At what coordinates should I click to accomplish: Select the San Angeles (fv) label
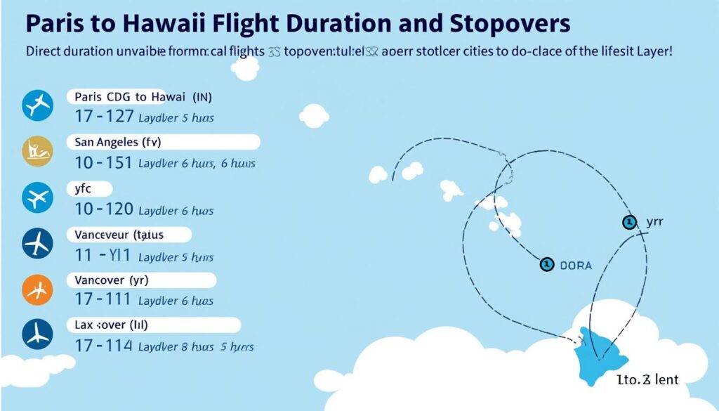tap(117, 142)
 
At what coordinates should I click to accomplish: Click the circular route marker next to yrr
tap(629, 223)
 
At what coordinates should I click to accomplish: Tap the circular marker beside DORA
tap(546, 264)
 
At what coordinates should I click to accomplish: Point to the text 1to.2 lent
tap(647, 379)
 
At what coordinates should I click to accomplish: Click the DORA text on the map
tap(576, 266)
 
